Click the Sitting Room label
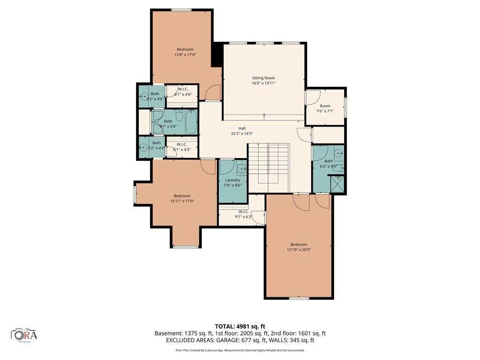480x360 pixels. [x=263, y=78]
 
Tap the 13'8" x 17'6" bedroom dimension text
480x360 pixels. [x=185, y=55]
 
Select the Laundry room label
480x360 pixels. [x=232, y=180]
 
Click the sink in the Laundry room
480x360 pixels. [x=241, y=168]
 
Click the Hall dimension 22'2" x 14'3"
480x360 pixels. [x=242, y=134]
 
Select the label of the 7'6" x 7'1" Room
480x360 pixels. [x=325, y=106]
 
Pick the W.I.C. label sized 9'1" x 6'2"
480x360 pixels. [x=243, y=211]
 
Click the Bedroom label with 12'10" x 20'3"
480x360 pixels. [x=299, y=244]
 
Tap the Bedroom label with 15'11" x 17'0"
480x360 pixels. [x=182, y=196]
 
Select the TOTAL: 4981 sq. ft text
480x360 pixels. [x=240, y=326]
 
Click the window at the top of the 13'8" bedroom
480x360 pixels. [x=181, y=10]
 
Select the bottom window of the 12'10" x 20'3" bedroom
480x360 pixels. [x=299, y=298]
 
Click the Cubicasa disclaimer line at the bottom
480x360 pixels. [x=240, y=350]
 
